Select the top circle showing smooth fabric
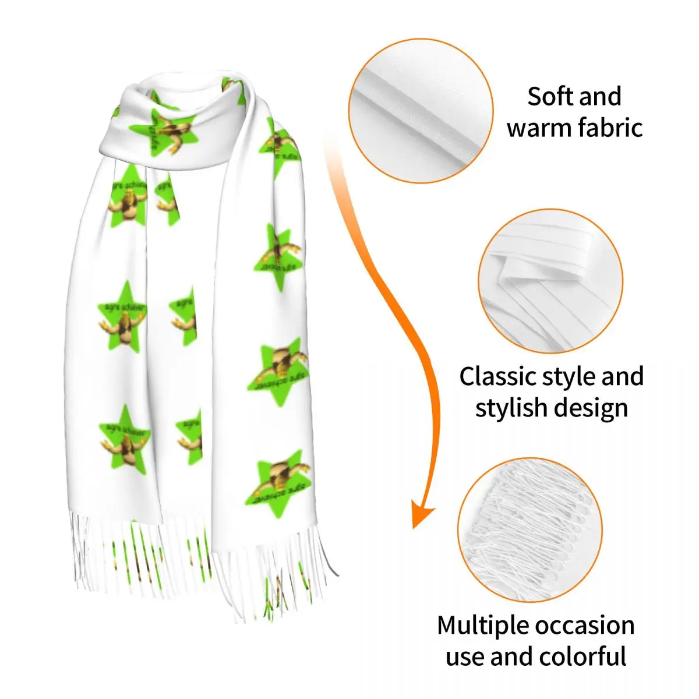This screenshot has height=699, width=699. click(x=421, y=111)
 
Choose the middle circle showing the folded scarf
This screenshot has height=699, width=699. click(x=550, y=281)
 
